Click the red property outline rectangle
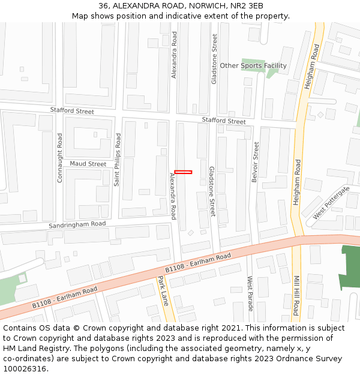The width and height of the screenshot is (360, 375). (183, 172)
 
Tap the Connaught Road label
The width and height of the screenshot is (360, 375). (59, 158)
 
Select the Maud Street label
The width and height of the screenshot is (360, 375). (88, 164)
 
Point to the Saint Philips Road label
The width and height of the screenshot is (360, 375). (118, 159)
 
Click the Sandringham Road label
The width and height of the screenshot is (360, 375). (77, 224)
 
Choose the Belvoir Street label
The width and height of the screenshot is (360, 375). (256, 162)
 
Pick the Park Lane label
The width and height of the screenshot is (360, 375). (163, 291)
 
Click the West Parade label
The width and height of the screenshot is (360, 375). (250, 293)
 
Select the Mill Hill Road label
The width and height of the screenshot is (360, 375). (296, 295)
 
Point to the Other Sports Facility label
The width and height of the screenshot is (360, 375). (253, 65)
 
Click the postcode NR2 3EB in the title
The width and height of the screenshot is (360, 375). (247, 5)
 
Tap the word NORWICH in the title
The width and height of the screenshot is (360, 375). (209, 5)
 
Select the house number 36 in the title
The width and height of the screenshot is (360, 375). (103, 5)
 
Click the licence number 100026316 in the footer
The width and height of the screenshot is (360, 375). (24, 368)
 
